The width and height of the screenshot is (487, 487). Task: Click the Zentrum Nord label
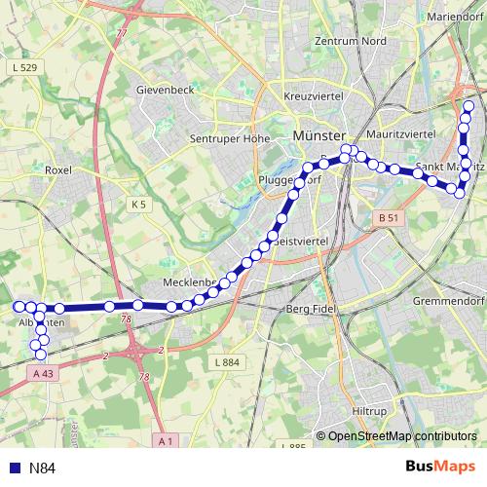(350, 42)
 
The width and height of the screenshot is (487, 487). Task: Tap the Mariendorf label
(450, 15)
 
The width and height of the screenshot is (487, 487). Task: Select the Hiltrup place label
(368, 411)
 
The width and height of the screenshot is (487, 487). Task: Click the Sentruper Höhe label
(229, 138)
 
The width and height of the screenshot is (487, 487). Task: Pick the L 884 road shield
(225, 362)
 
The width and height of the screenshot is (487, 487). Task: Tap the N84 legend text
(43, 468)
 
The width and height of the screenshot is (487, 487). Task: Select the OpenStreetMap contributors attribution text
(402, 436)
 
